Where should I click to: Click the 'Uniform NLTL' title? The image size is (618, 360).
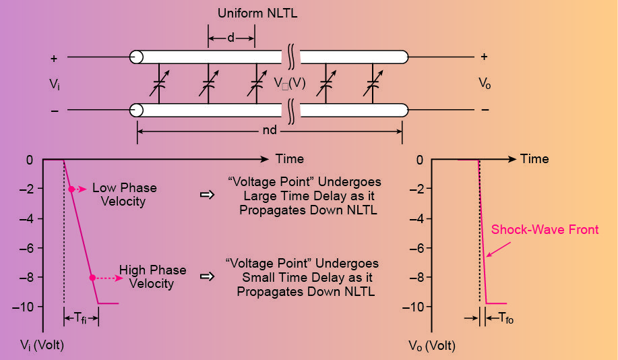(x=249, y=13)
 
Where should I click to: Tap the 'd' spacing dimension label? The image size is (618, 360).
(x=230, y=38)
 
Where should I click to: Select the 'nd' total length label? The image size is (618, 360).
(x=269, y=130)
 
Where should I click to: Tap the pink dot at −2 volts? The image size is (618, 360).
(x=71, y=189)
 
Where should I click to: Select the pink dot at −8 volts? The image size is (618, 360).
(x=92, y=277)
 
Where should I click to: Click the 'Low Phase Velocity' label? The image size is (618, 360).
(x=125, y=195)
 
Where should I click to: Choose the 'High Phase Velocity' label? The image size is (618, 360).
(x=152, y=277)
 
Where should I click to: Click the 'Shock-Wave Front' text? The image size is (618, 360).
(x=545, y=230)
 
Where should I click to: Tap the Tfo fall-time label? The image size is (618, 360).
(x=503, y=318)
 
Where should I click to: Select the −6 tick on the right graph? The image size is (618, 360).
(x=419, y=248)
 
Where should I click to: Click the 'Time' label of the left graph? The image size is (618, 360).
(x=289, y=159)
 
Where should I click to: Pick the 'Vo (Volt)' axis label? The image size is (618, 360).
(x=432, y=346)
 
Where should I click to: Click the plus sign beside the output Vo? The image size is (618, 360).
(x=484, y=57)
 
